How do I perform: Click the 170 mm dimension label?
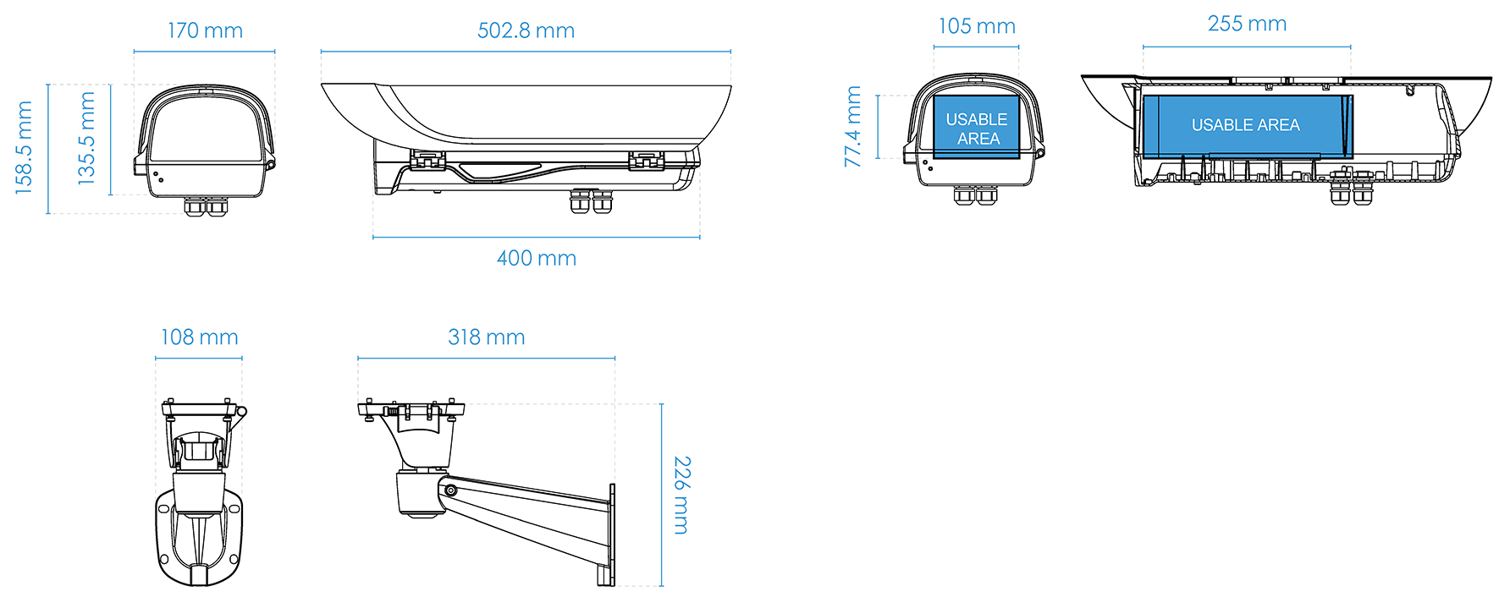pos(205,31)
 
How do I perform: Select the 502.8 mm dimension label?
pos(526,31)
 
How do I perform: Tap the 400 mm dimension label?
pos(536,258)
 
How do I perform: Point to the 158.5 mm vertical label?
pos(24,148)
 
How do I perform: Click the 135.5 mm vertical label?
pos(86,139)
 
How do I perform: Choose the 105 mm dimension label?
pos(976,26)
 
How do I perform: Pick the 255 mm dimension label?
pos(1247,24)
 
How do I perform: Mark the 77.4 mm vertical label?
pos(853,126)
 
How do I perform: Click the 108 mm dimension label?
pos(199,337)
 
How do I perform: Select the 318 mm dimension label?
pos(486,337)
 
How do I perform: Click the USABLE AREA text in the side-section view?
pos(1245,125)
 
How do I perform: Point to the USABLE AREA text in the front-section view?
pos(977,129)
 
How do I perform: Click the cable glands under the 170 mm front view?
pos(207,205)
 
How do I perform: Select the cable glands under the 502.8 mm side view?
pos(591,200)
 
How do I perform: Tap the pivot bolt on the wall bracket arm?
pos(451,490)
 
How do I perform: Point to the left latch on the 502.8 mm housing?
pos(428,159)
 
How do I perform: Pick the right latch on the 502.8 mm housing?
pos(646,159)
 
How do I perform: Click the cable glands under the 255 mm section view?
pos(1351,189)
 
